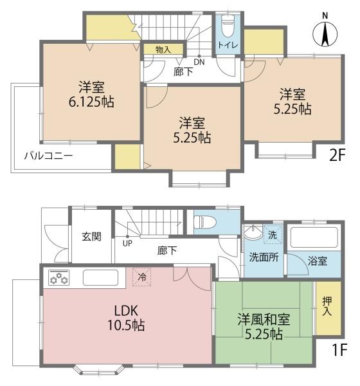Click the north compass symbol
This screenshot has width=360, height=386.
(325, 34)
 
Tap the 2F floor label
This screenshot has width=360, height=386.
(337, 155)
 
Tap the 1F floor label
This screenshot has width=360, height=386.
(339, 351)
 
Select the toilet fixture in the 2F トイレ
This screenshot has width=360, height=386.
(227, 26)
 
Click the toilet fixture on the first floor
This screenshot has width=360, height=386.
(204, 223)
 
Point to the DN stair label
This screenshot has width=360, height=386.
(199, 62)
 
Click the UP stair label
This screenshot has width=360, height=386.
(127, 243)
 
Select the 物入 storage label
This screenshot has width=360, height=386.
(163, 50)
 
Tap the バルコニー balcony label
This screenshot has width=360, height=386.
(48, 156)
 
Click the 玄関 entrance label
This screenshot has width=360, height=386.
(91, 237)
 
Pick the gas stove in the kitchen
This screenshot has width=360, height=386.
(59, 277)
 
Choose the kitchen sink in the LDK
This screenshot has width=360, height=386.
(100, 277)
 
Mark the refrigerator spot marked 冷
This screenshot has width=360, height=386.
(141, 277)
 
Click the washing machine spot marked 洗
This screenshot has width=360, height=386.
(273, 235)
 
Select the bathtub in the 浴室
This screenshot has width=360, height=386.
(314, 237)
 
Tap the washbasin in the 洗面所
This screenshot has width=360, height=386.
(253, 232)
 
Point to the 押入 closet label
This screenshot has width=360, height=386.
(327, 306)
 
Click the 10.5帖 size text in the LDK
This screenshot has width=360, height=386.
(126, 325)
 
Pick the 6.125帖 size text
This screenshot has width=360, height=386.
(91, 102)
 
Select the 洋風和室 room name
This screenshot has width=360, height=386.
(264, 320)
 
